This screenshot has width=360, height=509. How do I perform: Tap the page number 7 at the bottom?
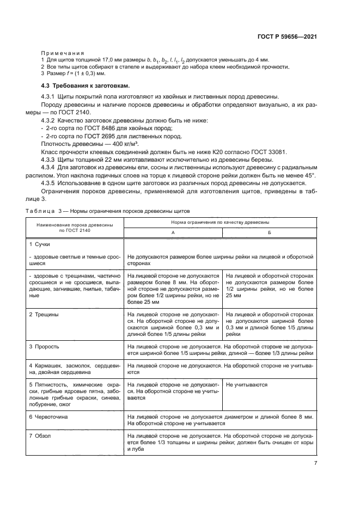pyautogui.click(x=315, y=463)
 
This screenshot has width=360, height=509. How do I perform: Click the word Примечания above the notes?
pyautogui.click(x=59, y=53)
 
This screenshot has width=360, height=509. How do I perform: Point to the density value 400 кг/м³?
pyautogui.click(x=123, y=144)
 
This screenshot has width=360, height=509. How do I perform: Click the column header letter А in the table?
pyautogui.click(x=173, y=232)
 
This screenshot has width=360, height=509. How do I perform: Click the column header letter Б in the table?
pyautogui.click(x=270, y=232)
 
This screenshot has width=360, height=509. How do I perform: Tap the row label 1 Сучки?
pyautogui.click(x=40, y=244)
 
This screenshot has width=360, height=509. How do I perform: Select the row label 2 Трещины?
pyautogui.click(x=44, y=315)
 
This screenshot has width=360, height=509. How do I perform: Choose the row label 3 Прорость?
pyautogui.click(x=44, y=346)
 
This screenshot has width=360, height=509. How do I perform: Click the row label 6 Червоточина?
pyautogui.click(x=50, y=416)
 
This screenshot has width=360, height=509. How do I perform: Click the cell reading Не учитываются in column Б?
pyautogui.click(x=247, y=384)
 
